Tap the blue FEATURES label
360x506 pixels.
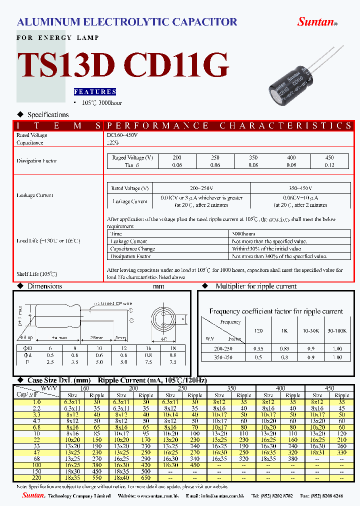click(95, 92)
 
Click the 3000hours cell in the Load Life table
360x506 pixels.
click(244, 233)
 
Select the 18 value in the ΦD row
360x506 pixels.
click(173, 348)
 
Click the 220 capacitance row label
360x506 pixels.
click(36, 477)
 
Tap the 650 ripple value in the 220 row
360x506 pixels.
click(146, 477)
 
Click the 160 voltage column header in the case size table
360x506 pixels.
click(85, 388)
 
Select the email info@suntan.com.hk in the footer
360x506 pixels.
click(205, 495)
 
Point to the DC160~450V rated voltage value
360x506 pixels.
click(121, 135)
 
